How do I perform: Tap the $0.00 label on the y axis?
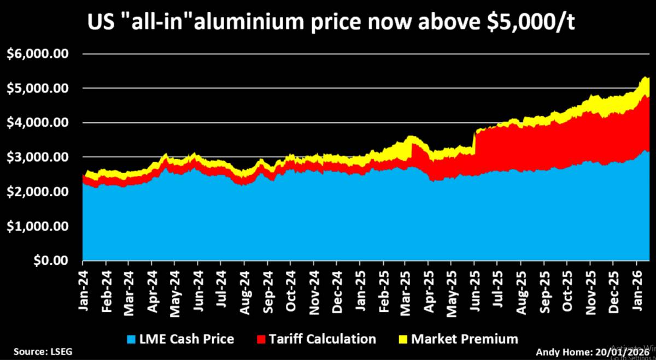51,261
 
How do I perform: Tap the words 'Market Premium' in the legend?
464,339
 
